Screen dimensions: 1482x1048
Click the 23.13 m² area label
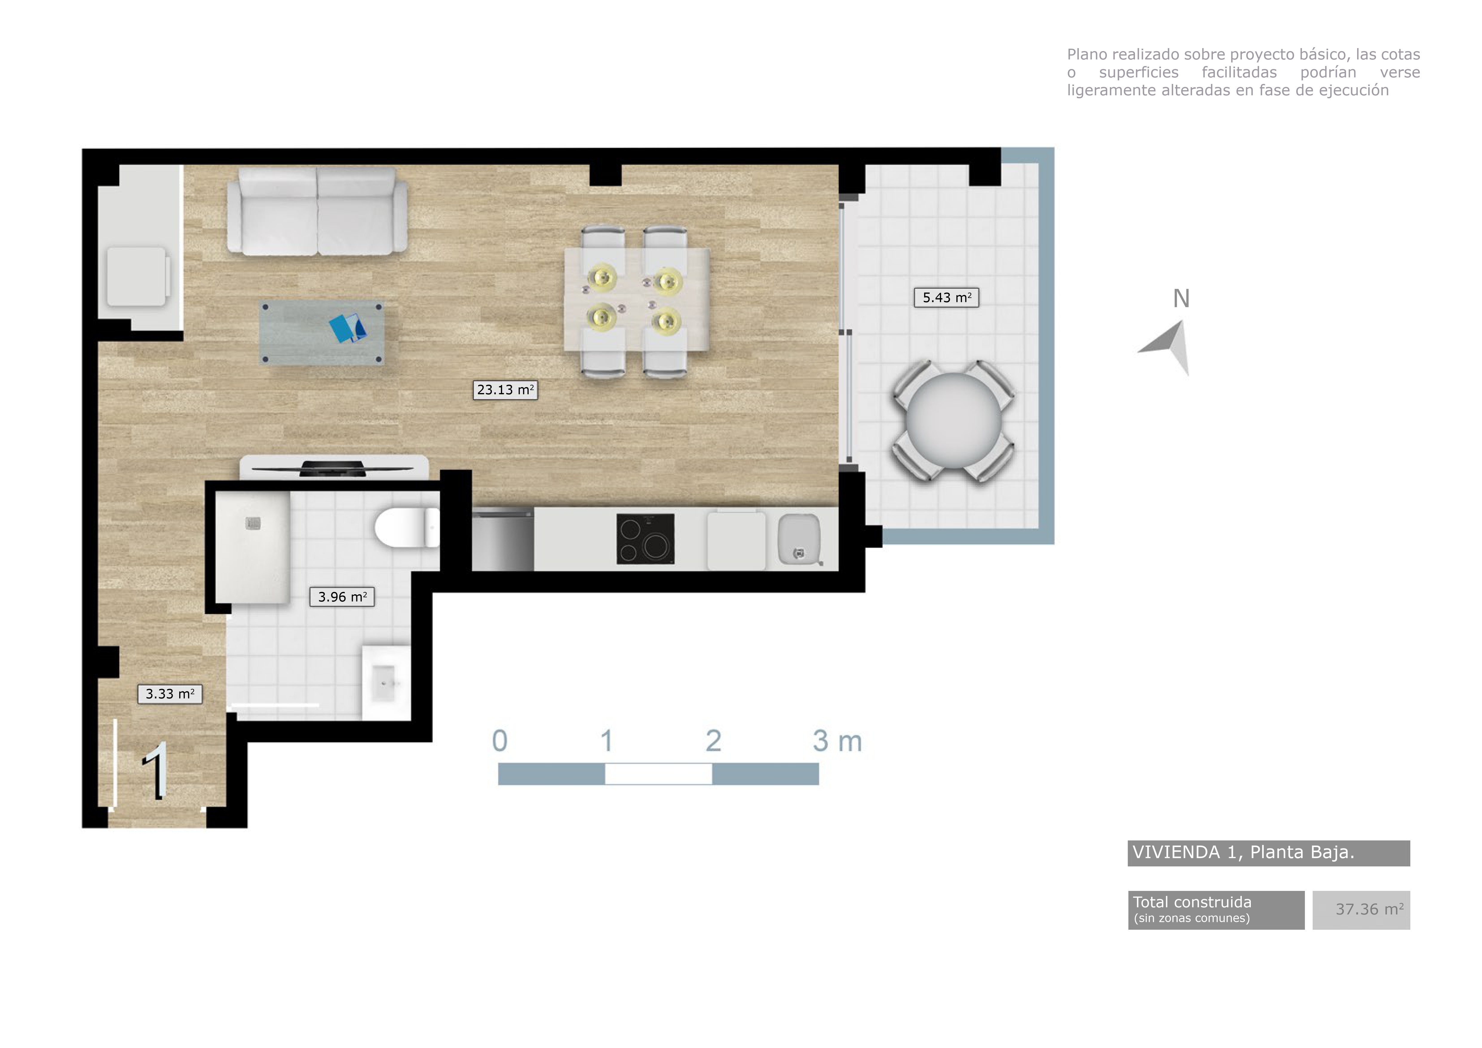pyautogui.click(x=505, y=390)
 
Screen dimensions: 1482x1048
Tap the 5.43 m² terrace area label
pyautogui.click(x=946, y=297)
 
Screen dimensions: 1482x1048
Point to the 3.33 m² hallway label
pyautogui.click(x=170, y=694)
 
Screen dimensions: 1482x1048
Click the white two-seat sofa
pyautogui.click(x=317, y=211)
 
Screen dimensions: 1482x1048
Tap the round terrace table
pyautogui.click(x=953, y=421)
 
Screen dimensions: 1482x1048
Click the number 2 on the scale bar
pyautogui.click(x=713, y=741)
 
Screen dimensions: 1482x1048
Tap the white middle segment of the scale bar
pyautogui.click(x=658, y=774)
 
